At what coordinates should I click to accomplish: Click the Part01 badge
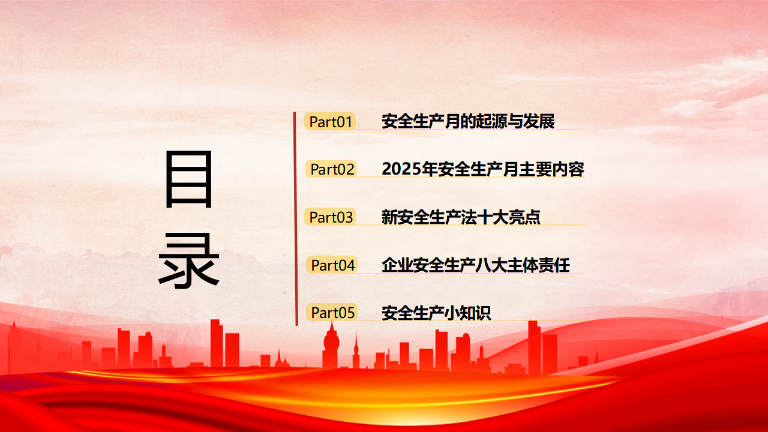[330, 122]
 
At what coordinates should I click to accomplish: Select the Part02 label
[331, 169]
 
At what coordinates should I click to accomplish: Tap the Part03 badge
[330, 217]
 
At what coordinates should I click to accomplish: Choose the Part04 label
[332, 265]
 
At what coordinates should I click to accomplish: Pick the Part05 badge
[332, 313]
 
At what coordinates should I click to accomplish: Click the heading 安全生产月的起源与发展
[468, 121]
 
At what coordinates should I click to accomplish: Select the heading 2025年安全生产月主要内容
[483, 169]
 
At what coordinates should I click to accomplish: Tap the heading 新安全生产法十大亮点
[461, 217]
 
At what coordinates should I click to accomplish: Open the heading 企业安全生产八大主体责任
[476, 265]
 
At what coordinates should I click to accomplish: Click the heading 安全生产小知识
[436, 313]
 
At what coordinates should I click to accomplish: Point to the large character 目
[189, 179]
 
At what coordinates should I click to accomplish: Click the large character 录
[188, 260]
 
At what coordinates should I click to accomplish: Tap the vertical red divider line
[296, 219]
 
